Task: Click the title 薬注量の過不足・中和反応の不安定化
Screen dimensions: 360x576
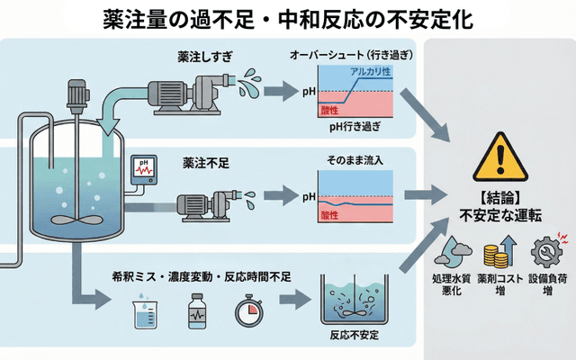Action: point(287,19)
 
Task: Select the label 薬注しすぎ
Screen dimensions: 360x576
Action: point(206,56)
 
